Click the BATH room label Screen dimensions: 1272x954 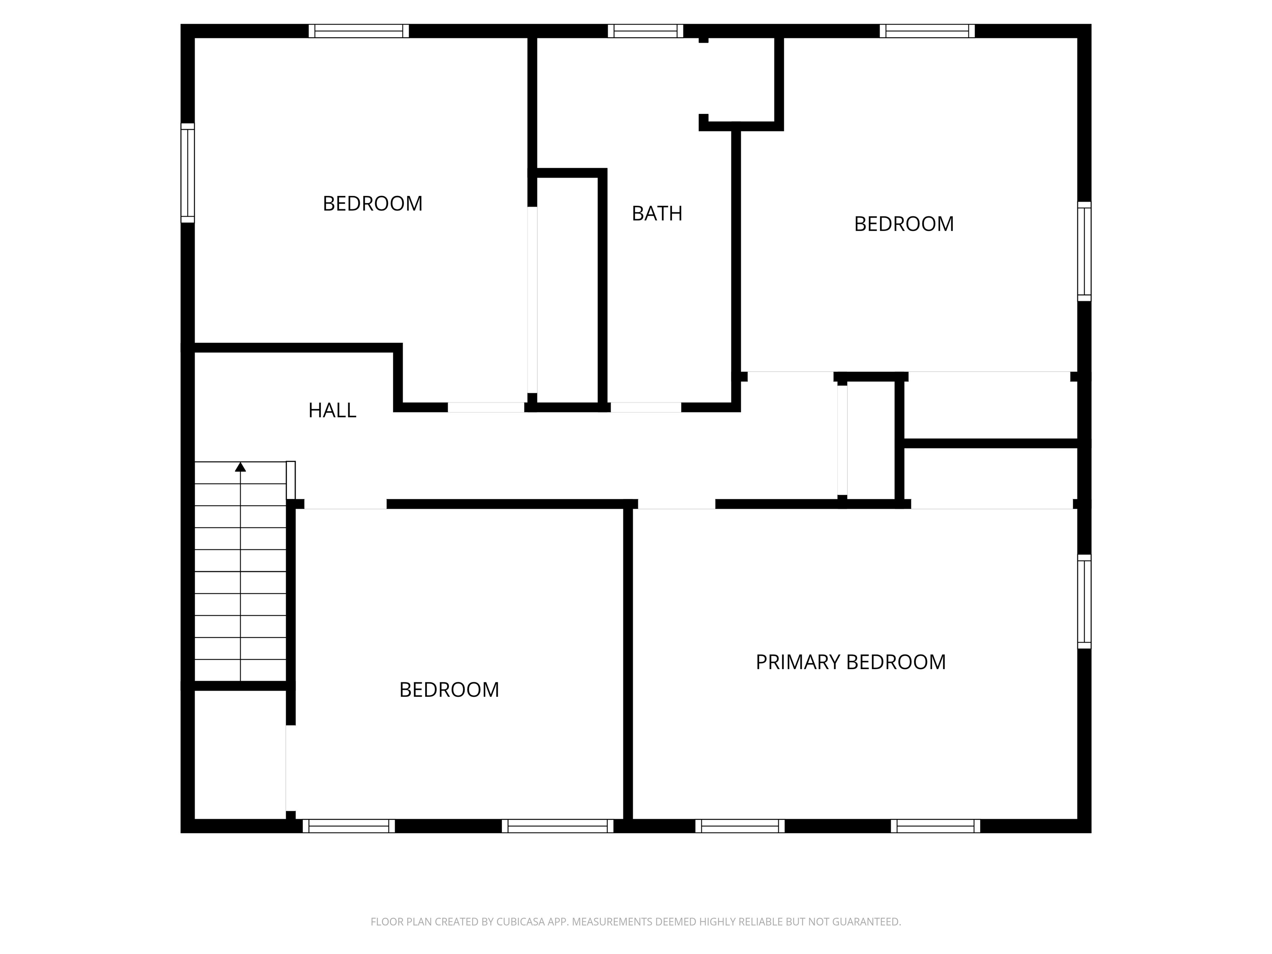(x=657, y=213)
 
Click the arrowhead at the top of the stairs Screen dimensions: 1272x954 (x=241, y=467)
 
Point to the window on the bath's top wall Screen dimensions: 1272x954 (x=645, y=31)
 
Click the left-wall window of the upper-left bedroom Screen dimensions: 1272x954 (x=188, y=173)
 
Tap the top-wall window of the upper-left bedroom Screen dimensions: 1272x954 (x=359, y=31)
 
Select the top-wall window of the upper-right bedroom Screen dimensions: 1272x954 (x=927, y=31)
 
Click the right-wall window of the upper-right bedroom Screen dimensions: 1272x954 (x=1084, y=251)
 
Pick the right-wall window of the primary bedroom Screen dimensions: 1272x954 (x=1084, y=602)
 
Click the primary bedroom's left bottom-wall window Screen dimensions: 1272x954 (x=740, y=826)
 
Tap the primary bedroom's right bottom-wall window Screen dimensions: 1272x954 (x=936, y=826)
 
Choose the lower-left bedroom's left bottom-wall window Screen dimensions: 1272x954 (x=349, y=826)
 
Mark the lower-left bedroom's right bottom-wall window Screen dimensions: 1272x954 (x=558, y=826)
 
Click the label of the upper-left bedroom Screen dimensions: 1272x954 (x=373, y=204)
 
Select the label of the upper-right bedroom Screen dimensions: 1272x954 (x=904, y=224)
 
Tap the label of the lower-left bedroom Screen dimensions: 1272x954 (x=449, y=689)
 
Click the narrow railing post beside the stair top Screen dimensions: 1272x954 (x=291, y=480)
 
